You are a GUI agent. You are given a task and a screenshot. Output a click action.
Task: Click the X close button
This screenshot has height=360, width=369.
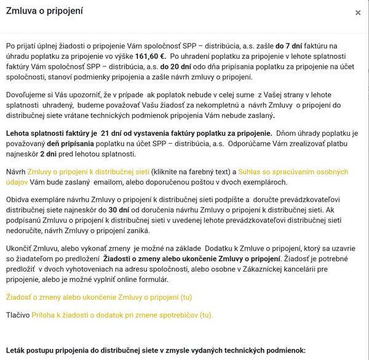(x=358, y=13)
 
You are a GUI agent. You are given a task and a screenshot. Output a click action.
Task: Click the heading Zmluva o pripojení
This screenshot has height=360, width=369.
(x=44, y=12)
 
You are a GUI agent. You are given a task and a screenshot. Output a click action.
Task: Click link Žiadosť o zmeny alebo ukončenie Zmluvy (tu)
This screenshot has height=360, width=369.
(x=99, y=297)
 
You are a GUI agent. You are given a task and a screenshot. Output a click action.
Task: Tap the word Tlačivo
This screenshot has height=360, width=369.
(x=18, y=315)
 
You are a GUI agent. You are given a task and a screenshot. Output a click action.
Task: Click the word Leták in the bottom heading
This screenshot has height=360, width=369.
(x=17, y=350)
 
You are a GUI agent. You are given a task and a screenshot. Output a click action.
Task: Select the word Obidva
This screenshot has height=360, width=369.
(x=18, y=199)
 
